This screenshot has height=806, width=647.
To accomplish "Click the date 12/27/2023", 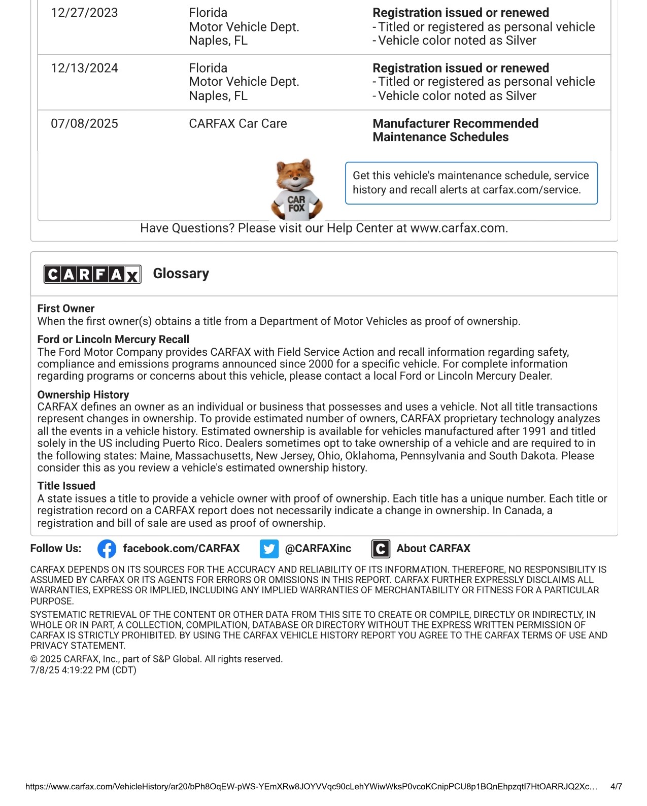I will click(84, 13).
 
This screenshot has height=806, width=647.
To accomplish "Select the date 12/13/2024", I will click(84, 68).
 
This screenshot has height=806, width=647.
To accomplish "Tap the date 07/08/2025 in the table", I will click(84, 123).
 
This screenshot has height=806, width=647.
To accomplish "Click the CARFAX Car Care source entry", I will click(237, 123).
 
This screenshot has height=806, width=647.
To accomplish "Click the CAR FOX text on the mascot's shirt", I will click(296, 204).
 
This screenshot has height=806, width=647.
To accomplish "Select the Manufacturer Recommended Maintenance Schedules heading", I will click(455, 130).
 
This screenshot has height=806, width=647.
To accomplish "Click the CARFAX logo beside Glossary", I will click(92, 274).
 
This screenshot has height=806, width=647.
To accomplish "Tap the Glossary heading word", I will click(181, 274).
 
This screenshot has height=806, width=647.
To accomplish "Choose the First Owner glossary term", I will click(66, 309).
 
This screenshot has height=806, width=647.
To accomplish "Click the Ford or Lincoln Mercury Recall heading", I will click(113, 339).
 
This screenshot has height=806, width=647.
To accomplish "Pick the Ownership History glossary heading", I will click(83, 394).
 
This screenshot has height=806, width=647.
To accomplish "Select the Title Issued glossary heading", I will click(66, 486).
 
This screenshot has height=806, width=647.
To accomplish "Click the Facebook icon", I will click(107, 549).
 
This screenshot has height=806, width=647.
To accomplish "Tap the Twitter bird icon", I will click(269, 549).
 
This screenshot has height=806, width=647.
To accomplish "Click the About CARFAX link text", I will click(433, 548).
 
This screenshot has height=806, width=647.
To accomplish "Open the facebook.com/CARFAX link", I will click(181, 548).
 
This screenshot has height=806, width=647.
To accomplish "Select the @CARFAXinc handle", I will click(318, 548).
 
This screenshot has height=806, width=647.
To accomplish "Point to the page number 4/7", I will click(616, 787).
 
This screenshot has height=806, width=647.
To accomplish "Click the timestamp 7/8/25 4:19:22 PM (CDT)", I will click(83, 670).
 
